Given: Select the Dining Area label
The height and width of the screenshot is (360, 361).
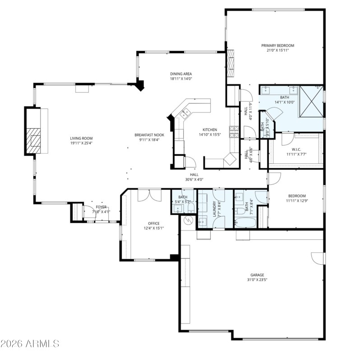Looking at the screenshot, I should (x=181, y=74).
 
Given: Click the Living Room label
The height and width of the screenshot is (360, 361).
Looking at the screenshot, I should (x=81, y=138).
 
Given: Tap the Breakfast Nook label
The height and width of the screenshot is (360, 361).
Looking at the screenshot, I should (x=149, y=135).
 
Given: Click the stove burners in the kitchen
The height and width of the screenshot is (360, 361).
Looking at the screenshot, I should (x=234, y=131).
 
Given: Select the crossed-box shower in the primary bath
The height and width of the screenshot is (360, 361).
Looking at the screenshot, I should (x=311, y=101).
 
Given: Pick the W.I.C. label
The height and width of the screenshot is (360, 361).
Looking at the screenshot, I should (x=296, y=149).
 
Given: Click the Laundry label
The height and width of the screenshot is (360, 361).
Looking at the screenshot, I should (x=214, y=209).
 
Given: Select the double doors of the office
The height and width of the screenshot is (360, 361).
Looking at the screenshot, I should (x=149, y=195).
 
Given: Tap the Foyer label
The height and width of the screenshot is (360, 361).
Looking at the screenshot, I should (x=101, y=207).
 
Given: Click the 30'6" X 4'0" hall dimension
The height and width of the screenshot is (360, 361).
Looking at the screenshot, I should (x=194, y=179).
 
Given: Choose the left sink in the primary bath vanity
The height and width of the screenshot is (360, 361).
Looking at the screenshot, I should (x=267, y=90).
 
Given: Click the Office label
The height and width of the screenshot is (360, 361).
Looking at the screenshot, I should (x=154, y=223).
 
